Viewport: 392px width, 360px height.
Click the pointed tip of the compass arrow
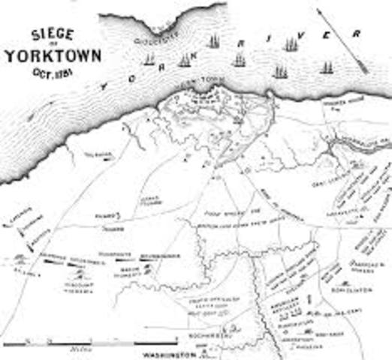[x=366, y=70]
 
